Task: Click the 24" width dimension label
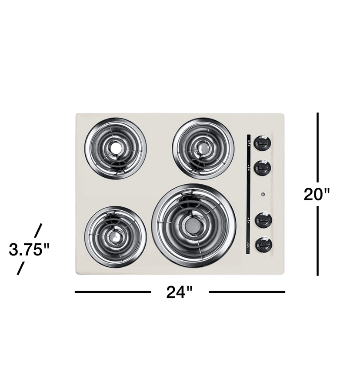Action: pos(179,292)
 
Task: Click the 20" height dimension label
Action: pos(317,194)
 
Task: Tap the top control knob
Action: pos(263,143)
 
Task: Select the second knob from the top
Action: pos(263,168)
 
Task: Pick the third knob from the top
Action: pos(263,219)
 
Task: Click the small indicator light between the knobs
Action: pos(263,194)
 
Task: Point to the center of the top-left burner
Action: pos(115,148)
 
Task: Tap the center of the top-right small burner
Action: pos(203,148)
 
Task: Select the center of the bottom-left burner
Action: pos(115,236)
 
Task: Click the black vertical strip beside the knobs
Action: pos(248,193)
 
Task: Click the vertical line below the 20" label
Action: pos(318,241)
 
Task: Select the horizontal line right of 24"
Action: pos(247,292)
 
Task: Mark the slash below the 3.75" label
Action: pos(20,269)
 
